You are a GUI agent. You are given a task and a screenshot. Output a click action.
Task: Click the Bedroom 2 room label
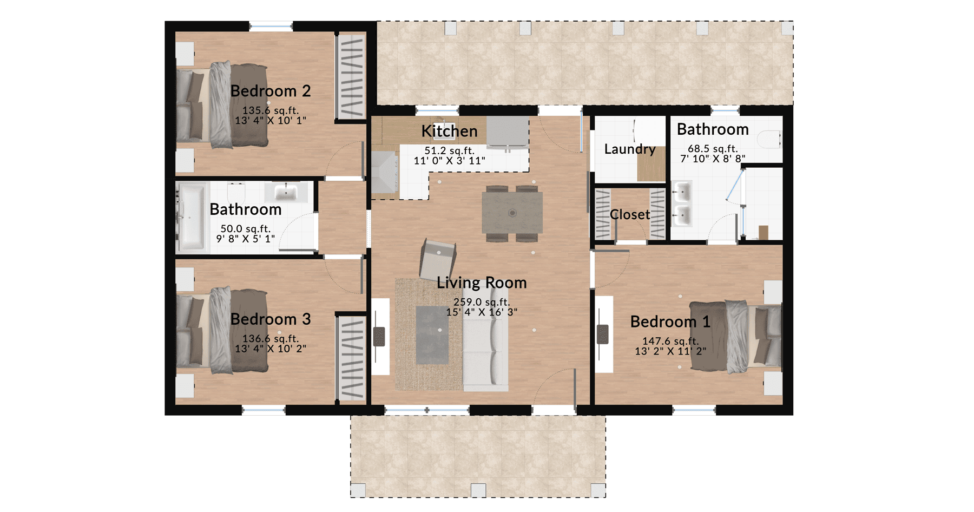click(x=271, y=91)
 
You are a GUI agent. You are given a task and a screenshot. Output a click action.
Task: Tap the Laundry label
click(x=630, y=149)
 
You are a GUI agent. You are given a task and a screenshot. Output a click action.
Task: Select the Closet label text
click(x=630, y=214)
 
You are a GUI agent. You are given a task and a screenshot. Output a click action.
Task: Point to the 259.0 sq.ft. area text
click(x=482, y=302)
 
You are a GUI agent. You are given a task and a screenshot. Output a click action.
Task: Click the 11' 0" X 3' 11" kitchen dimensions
click(x=449, y=160)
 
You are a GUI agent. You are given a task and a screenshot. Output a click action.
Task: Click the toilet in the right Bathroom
click(x=769, y=140)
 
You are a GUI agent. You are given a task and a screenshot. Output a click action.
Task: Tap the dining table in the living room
click(x=512, y=213)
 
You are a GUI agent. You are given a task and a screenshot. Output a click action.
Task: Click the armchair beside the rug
click(x=438, y=259)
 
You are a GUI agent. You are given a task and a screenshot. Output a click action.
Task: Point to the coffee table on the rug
click(x=432, y=334)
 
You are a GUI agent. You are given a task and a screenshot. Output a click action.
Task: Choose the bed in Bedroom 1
click(x=736, y=336)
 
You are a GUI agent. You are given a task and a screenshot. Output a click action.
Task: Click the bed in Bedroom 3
click(x=222, y=330)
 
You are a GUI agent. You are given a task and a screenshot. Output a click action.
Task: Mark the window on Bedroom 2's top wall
click(x=271, y=25)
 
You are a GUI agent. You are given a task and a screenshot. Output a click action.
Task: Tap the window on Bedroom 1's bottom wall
click(x=694, y=411)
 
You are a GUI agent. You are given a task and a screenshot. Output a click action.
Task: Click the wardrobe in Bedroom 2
click(x=351, y=76)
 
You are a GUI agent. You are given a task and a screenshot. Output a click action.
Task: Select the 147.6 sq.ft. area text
click(x=670, y=341)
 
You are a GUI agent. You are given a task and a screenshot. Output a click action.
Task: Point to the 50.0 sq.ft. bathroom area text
click(x=246, y=228)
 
